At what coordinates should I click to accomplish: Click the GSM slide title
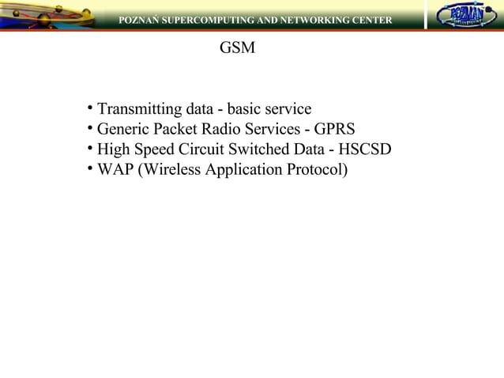(x=237, y=48)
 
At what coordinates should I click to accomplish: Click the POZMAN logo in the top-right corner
(x=461, y=16)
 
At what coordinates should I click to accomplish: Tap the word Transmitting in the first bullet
(x=139, y=108)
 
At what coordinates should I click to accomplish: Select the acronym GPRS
(x=334, y=129)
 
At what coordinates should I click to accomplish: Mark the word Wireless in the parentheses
(x=170, y=170)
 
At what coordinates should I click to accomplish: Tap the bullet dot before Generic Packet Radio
(x=91, y=127)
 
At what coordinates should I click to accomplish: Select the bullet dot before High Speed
(x=91, y=147)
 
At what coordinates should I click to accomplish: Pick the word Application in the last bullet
(x=242, y=170)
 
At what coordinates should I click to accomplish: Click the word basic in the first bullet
(x=245, y=108)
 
